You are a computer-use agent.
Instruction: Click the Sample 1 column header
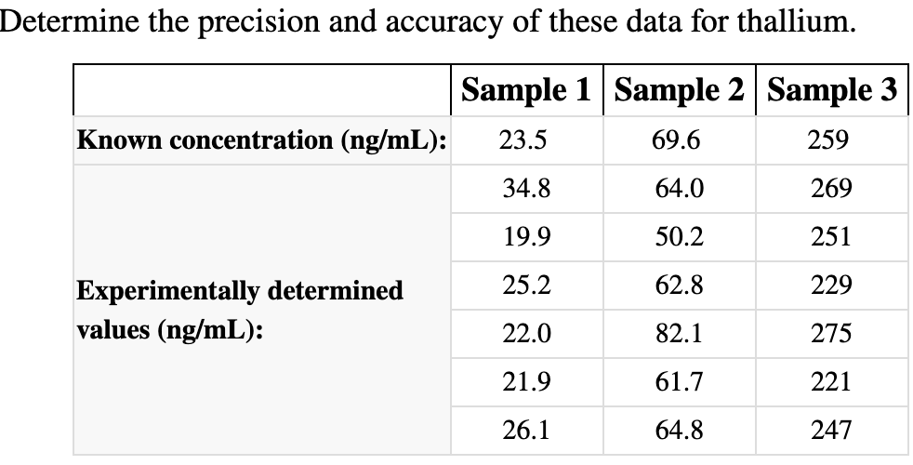click(x=526, y=90)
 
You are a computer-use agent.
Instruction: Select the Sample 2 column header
click(x=681, y=90)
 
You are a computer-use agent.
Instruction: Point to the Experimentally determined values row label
click(x=240, y=310)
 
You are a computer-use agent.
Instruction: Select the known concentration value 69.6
click(x=678, y=140)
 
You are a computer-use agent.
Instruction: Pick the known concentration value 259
click(x=831, y=140)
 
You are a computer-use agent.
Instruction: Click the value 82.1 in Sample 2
click(x=678, y=333)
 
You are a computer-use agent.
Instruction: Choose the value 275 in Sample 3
click(x=831, y=333)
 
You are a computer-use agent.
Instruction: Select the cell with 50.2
click(x=678, y=237)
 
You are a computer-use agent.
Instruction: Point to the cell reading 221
click(x=831, y=381)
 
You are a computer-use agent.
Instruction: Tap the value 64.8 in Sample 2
click(x=678, y=430)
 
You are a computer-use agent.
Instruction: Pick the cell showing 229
click(x=831, y=286)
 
